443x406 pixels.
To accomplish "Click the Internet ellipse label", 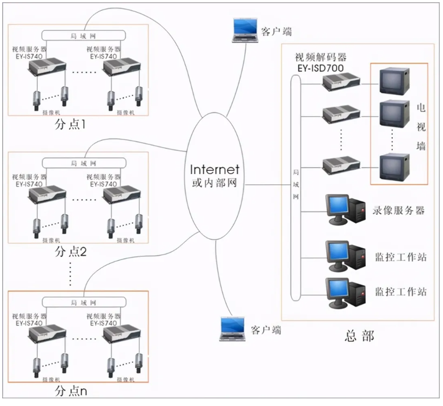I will (x=215, y=169).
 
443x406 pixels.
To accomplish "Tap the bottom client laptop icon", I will (x=233, y=329).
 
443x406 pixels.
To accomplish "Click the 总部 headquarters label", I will (x=359, y=336).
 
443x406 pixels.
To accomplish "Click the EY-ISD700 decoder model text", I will (x=321, y=68).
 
